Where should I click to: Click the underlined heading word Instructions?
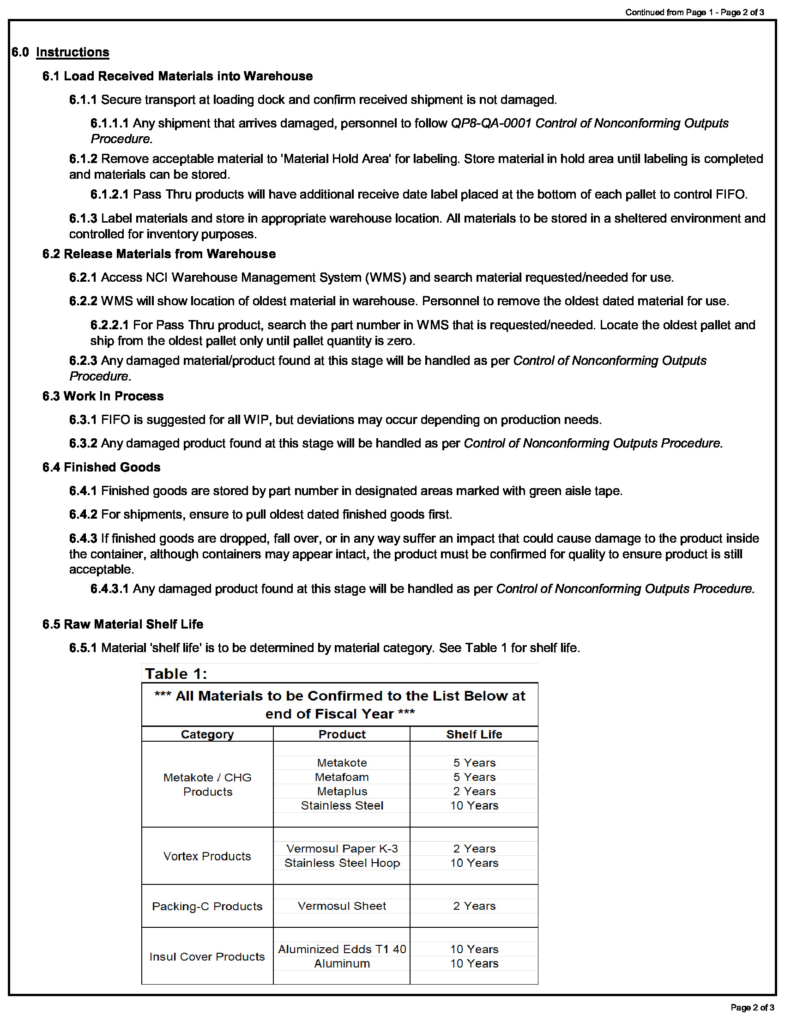pos(72,52)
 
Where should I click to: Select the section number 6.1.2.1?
pos(109,194)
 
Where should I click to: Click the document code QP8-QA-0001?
pos(491,123)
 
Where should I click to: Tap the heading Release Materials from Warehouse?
pos(170,254)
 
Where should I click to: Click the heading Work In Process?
pos(114,396)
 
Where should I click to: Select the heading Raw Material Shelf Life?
pos(133,624)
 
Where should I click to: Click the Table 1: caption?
pos(176,674)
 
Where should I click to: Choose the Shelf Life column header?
pos(474,734)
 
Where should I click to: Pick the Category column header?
pos(207,734)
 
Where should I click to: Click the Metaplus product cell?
pos(342,791)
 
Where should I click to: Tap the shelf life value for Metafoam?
pos(474,777)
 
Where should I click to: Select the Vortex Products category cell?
pos(207,856)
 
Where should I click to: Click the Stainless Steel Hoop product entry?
pos(342,863)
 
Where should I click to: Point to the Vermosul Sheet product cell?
pos(342,906)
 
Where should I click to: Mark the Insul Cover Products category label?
pos(207,956)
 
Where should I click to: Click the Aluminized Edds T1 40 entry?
pos(342,949)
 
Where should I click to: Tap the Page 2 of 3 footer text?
pos(752,1007)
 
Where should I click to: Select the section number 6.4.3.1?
pos(109,589)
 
